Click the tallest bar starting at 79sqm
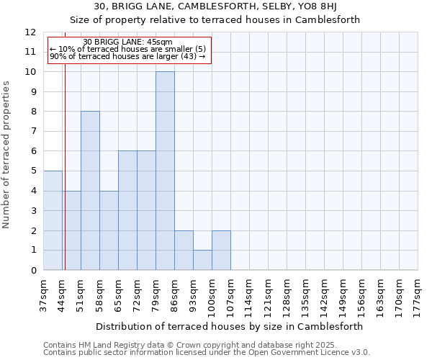click(165, 171)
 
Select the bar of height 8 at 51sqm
click(90, 191)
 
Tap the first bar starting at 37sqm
click(53, 220)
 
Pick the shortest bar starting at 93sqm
click(202, 260)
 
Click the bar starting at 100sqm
click(221, 250)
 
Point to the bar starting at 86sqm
click(184, 250)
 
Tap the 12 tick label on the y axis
click(30, 32)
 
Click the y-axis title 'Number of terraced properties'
click(7, 155)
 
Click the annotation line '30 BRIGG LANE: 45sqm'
click(127, 42)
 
